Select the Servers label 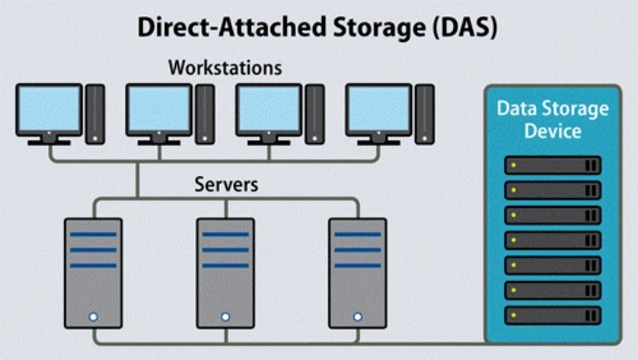226,184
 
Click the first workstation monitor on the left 49,108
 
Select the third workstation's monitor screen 268,108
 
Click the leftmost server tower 93,273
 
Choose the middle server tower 224,273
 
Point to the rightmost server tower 356,273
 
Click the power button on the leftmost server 93,317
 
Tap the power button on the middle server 224,317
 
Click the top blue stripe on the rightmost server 356,234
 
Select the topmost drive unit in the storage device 553,165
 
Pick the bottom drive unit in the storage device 553,314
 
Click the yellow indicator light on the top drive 513,165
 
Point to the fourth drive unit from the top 553,240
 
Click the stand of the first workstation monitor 49,139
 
